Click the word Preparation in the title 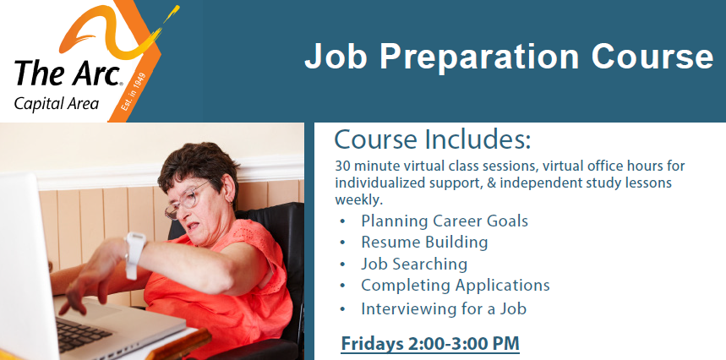478,57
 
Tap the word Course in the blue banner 652,57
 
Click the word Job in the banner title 336,57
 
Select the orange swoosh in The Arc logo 118,31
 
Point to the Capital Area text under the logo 56,104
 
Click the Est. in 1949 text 134,91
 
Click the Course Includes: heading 433,139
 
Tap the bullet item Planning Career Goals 445,221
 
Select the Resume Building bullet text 424,243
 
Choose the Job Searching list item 414,265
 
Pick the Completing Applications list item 456,286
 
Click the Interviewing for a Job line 444,308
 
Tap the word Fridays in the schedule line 372,344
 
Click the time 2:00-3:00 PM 463,344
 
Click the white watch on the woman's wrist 134,254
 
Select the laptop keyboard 84,333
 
